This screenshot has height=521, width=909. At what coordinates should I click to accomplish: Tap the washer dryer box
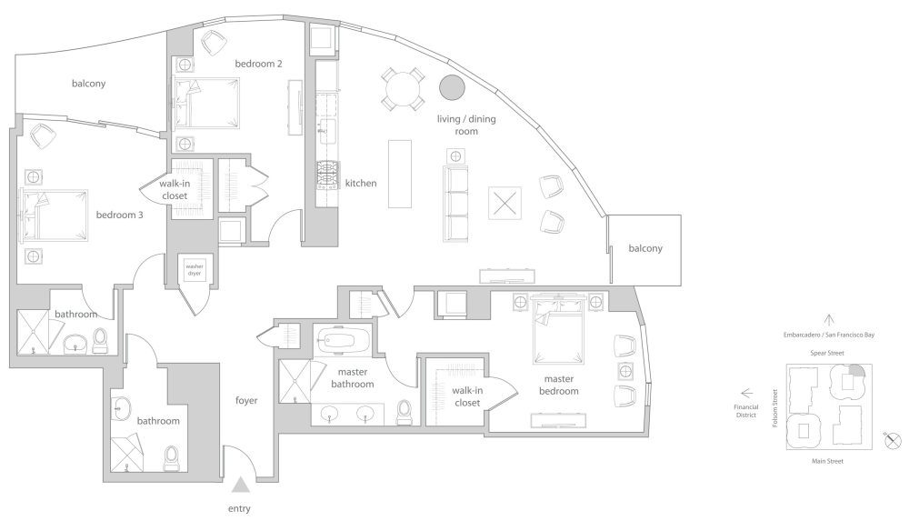[195, 269]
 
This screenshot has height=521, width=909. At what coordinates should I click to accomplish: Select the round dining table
[403, 89]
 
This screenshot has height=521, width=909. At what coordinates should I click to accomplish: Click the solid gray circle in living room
[452, 87]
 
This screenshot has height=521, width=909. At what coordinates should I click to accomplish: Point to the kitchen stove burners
[327, 175]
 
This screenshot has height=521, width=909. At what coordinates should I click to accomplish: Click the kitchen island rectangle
[400, 174]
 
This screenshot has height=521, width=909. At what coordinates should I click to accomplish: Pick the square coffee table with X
[504, 203]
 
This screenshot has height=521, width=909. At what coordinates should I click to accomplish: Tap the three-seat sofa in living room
[455, 205]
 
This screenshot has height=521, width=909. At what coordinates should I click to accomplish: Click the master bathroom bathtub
[340, 340]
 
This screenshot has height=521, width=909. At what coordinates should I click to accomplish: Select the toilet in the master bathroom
[405, 411]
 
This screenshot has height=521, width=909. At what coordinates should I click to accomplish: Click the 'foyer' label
[246, 400]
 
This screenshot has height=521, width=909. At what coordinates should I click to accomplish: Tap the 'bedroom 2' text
[258, 64]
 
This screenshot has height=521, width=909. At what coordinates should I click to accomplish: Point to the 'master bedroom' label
[559, 385]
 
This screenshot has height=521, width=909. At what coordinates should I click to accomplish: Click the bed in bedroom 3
[54, 215]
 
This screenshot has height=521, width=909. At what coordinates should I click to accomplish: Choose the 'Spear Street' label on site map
[827, 353]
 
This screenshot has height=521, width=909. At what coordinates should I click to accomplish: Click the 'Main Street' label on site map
[827, 461]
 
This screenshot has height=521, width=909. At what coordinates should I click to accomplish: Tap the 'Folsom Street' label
[775, 408]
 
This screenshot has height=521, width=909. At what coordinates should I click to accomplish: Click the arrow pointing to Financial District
[746, 393]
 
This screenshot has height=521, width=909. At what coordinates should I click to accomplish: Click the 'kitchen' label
[361, 184]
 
